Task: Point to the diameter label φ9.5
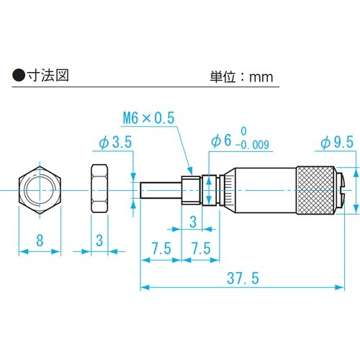click(335, 143)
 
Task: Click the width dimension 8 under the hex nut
click(40, 240)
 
